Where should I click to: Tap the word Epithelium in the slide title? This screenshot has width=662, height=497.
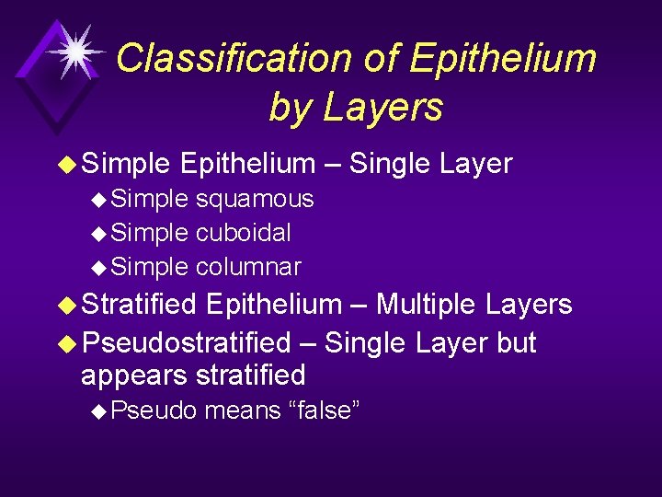(503, 59)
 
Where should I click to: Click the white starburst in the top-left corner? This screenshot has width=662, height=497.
(76, 52)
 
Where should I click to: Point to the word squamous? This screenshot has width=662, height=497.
(255, 199)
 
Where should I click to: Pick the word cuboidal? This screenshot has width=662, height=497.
(243, 233)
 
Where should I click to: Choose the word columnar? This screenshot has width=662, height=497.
(248, 267)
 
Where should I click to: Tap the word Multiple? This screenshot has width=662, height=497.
(427, 304)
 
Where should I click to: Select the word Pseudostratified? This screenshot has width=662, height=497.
(186, 343)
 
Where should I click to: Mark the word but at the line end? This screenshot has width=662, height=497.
(516, 343)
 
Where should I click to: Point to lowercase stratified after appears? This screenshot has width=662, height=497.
(251, 376)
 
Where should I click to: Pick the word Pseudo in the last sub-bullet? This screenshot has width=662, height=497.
(154, 410)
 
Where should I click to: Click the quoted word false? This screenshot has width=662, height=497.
(324, 410)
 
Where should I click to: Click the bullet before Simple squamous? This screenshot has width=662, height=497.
(100, 200)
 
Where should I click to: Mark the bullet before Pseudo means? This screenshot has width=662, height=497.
(100, 411)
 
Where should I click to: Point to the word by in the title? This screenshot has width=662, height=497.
(291, 107)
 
